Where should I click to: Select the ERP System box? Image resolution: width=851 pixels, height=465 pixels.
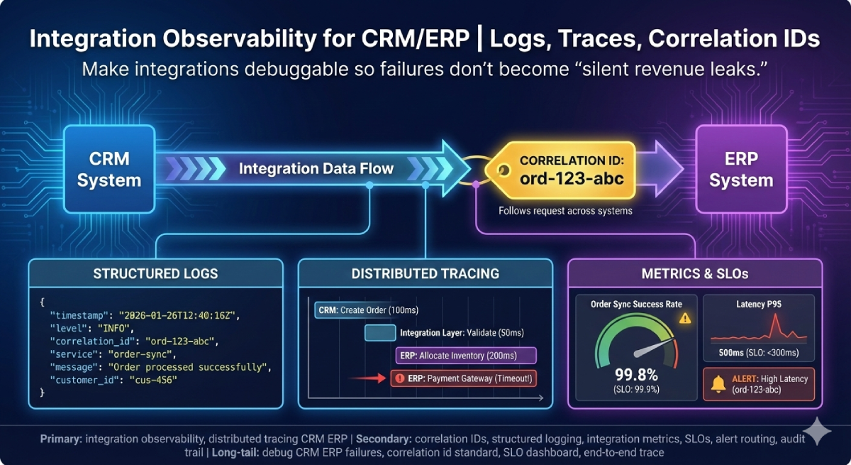coord(740,169)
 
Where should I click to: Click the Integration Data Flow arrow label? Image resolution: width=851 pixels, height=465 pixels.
coord(316,169)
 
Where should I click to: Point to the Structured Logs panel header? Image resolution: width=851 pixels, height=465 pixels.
coord(155,273)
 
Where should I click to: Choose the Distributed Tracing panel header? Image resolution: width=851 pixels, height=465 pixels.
coord(425,273)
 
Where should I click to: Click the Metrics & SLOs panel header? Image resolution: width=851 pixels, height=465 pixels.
coord(695,273)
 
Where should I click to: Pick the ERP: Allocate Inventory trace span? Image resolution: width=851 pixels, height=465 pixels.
coord(465,355)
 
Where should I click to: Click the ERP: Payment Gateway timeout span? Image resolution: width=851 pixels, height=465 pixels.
coord(464,378)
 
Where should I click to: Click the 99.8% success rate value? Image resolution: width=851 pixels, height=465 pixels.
coord(636,375)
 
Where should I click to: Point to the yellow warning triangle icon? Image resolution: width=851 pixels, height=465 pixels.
coord(684,318)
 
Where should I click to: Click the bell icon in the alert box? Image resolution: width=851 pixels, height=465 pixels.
coord(718,385)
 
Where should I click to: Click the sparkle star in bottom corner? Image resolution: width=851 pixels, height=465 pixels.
coord(820,431)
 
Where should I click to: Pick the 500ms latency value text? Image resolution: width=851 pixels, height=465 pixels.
coord(732,353)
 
